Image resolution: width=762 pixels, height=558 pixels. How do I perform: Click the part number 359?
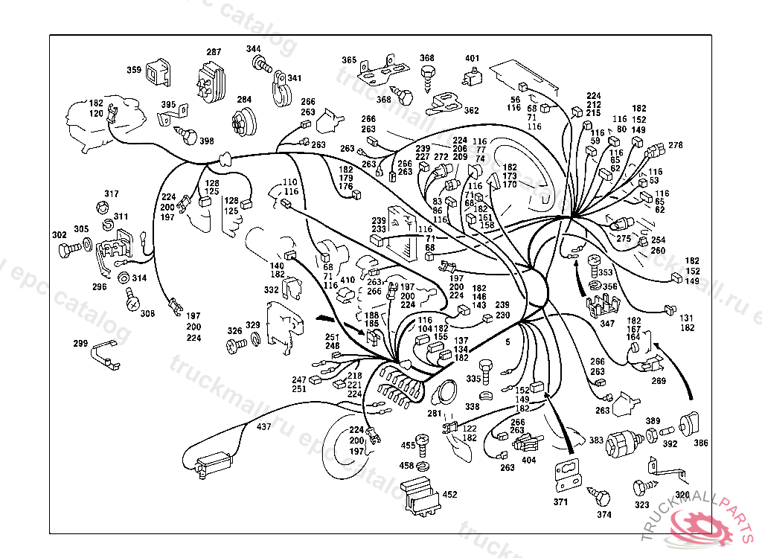coord(134,71)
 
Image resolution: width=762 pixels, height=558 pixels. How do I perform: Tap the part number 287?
coord(214,52)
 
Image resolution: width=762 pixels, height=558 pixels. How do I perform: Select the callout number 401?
coord(473,58)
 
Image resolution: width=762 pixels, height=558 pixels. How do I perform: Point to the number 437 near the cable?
coord(264,427)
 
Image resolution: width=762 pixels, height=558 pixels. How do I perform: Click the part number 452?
coord(450,493)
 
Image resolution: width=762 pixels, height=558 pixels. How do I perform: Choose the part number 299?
coord(80,344)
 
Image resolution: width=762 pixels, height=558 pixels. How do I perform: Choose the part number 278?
coord(675,145)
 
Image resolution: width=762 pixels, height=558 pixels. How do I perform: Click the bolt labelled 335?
coord(486,368)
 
